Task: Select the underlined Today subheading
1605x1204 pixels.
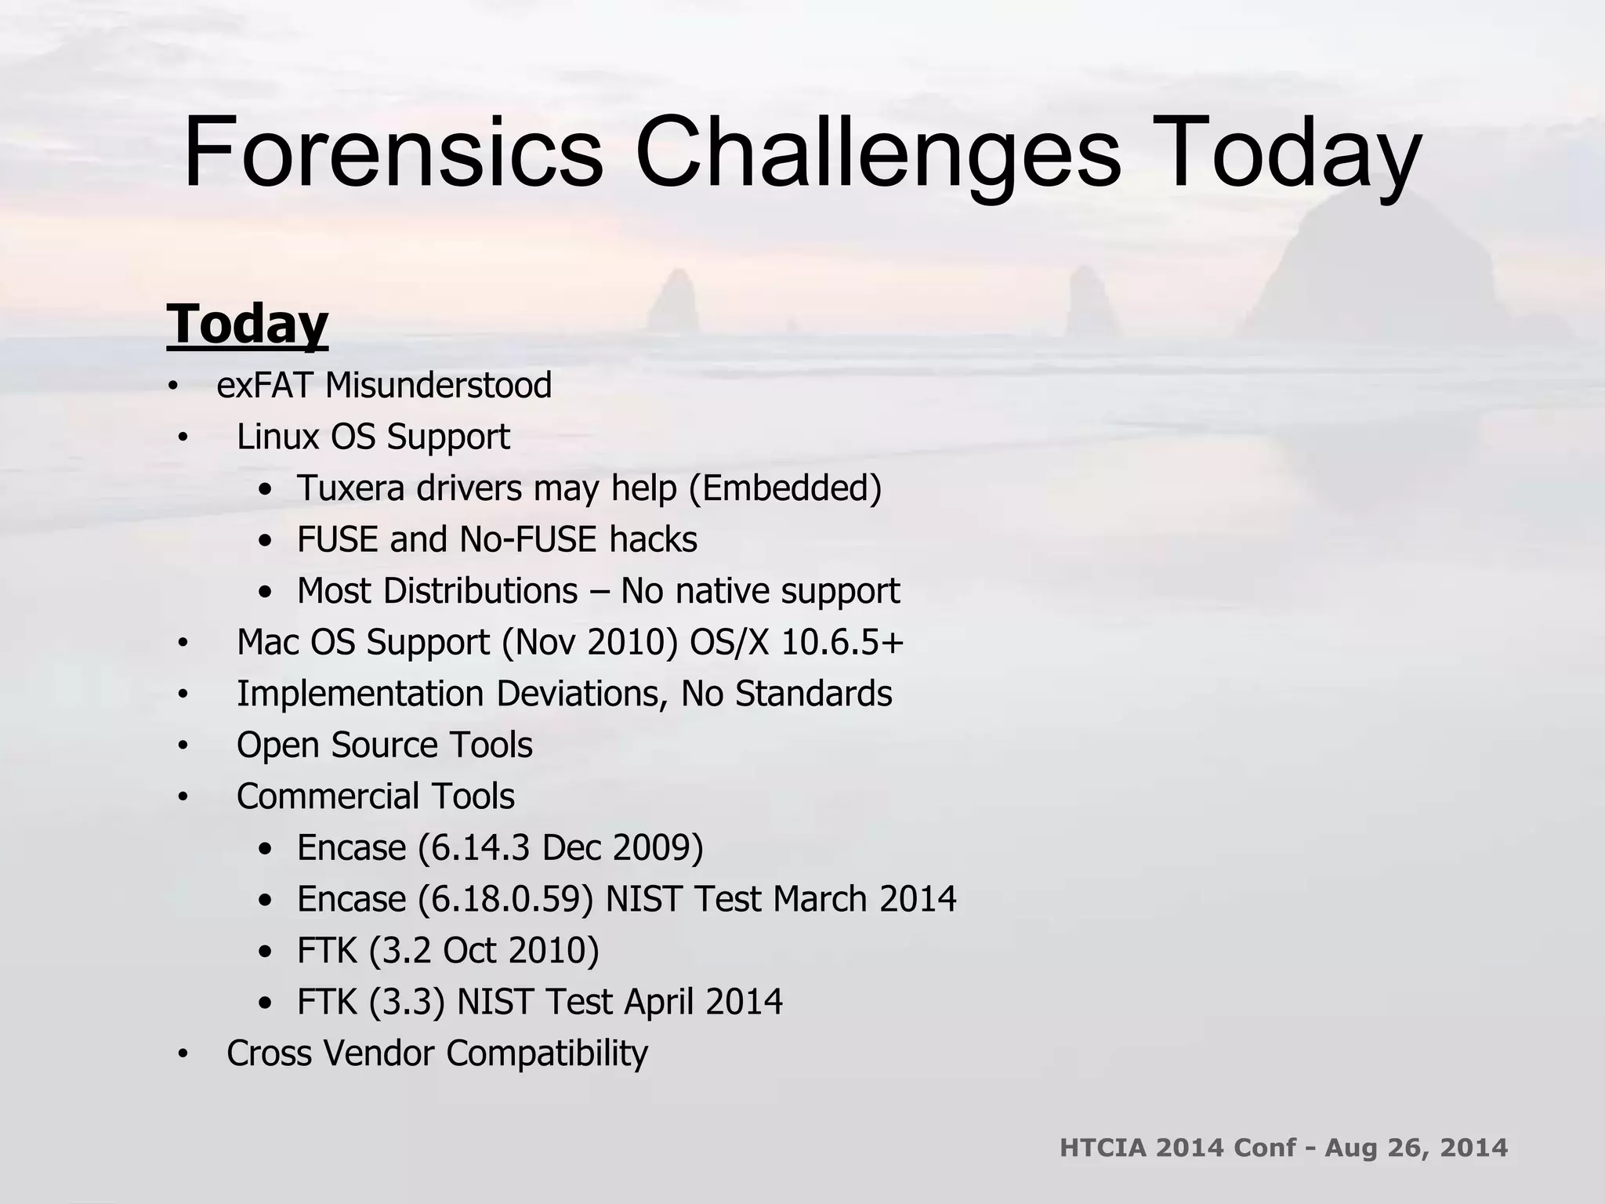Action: click(x=247, y=325)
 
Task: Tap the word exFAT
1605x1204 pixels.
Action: click(x=266, y=386)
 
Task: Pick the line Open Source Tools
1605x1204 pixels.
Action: click(x=384, y=745)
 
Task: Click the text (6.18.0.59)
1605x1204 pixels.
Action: click(x=505, y=899)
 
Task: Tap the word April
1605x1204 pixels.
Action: click(x=659, y=1002)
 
